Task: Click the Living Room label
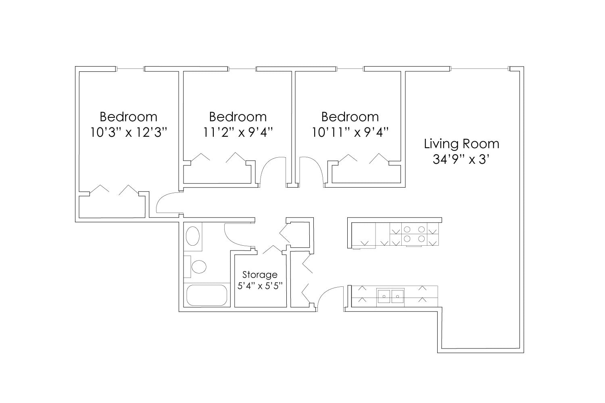461,144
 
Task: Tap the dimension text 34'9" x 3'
461,159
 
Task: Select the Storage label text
260,275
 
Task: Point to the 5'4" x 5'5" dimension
260,286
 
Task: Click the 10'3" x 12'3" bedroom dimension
128,132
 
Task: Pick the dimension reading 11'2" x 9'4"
238,132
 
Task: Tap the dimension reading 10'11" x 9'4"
350,132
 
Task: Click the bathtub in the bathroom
206,295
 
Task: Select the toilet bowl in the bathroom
198,267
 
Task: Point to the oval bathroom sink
193,236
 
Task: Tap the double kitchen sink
390,296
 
